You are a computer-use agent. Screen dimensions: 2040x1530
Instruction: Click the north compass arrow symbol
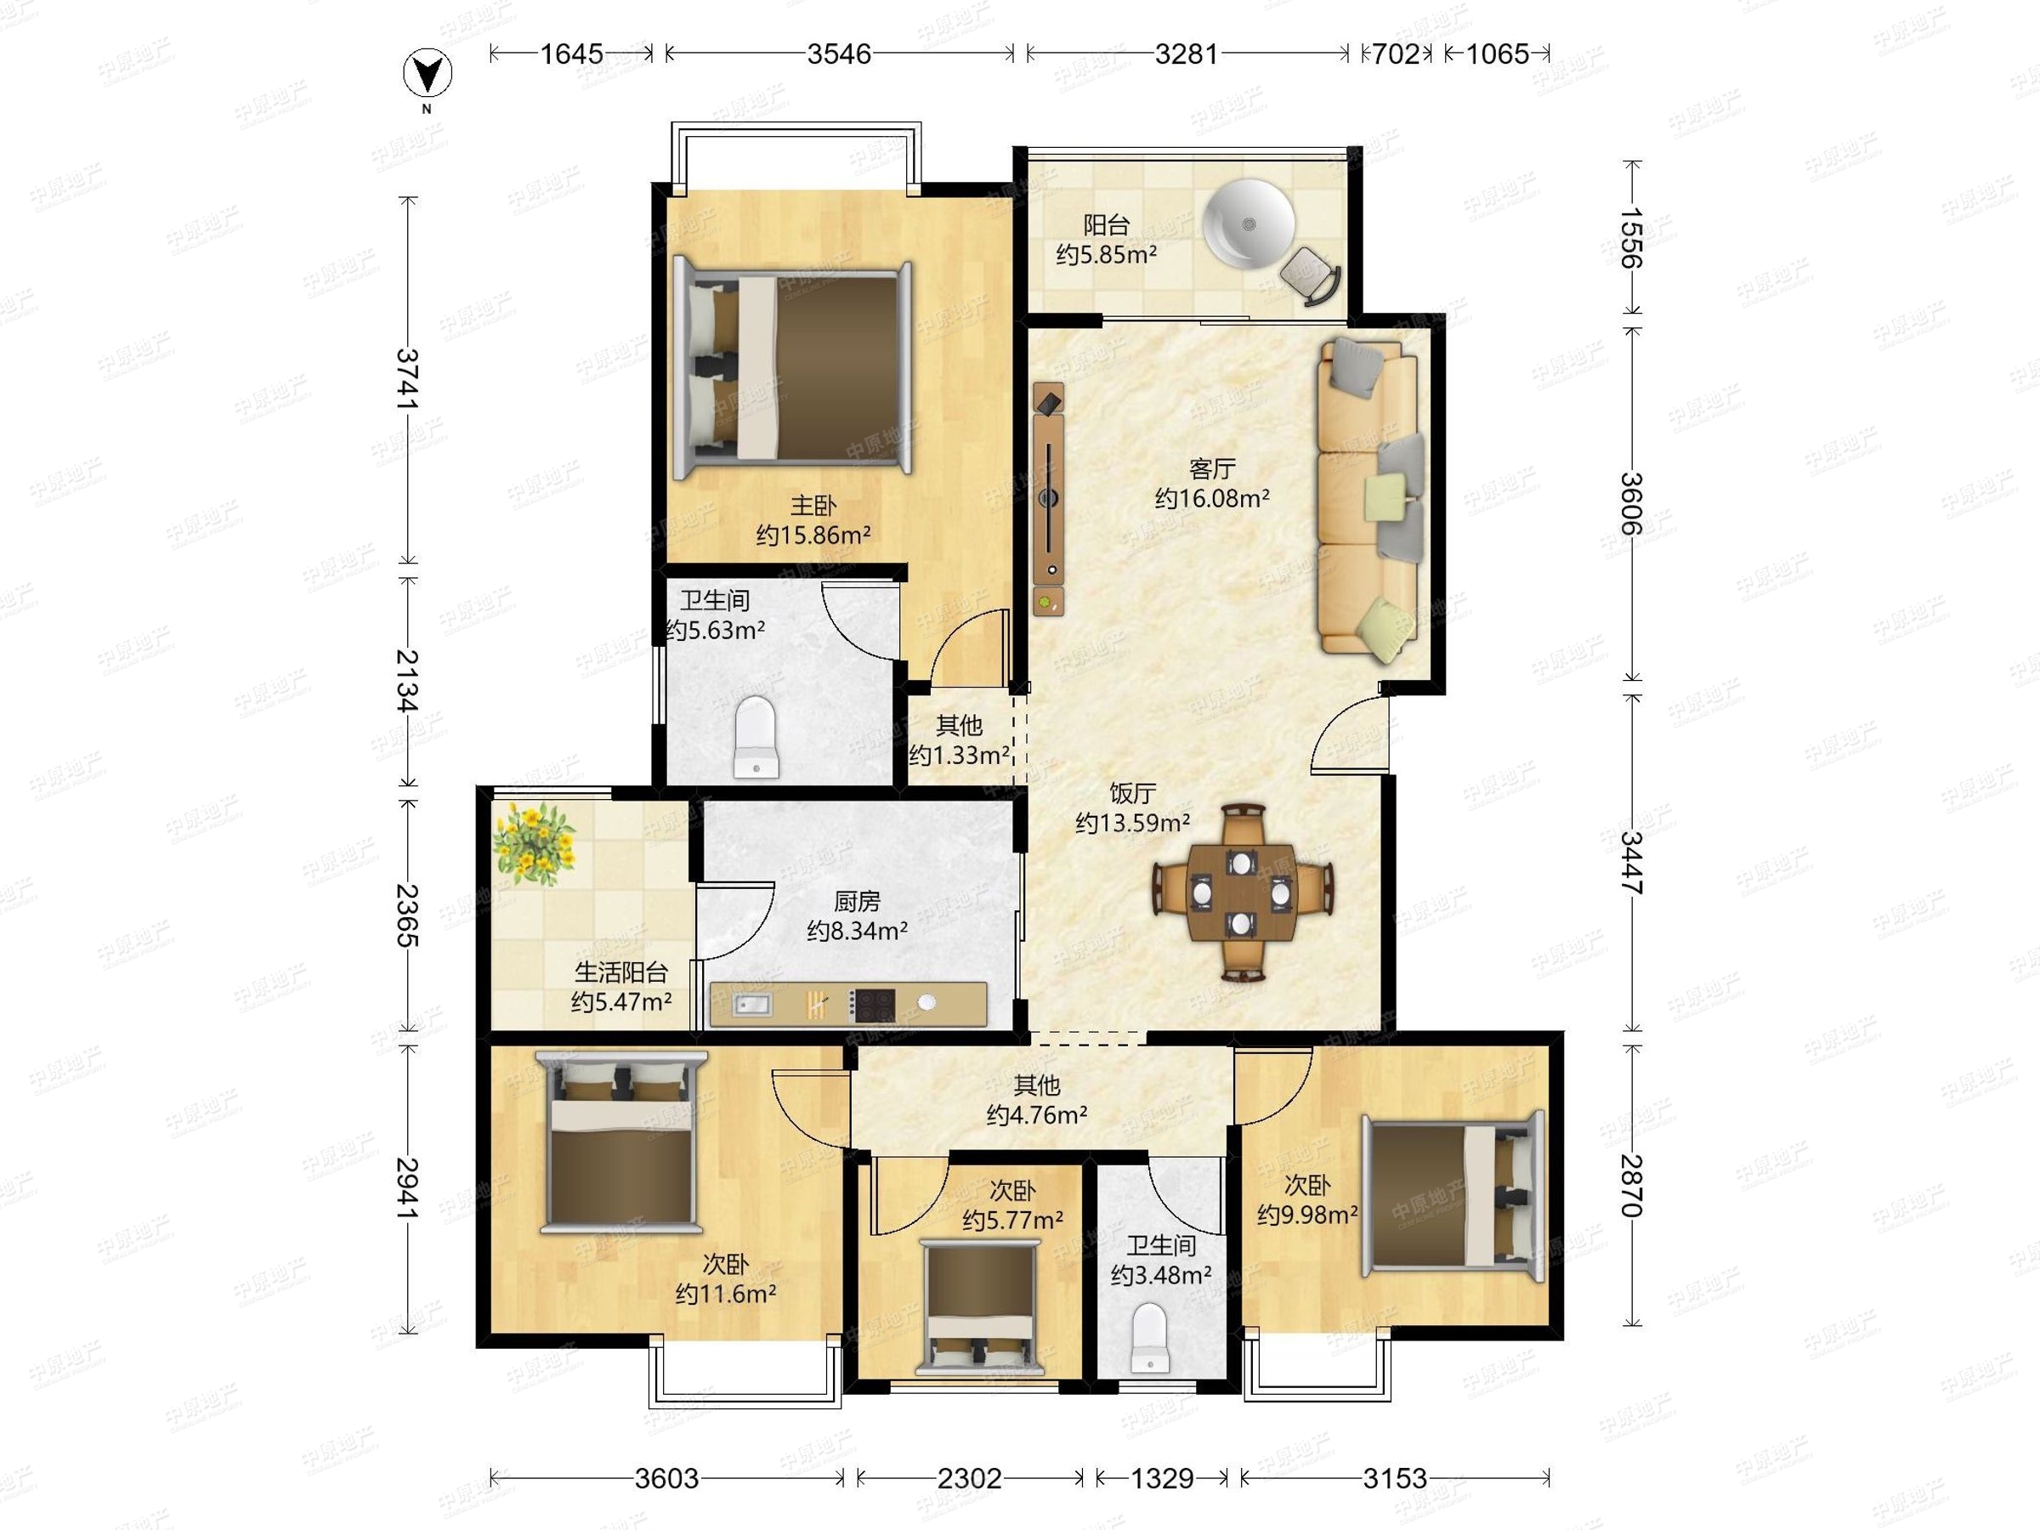point(428,74)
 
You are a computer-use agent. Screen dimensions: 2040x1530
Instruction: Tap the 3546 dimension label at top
point(838,54)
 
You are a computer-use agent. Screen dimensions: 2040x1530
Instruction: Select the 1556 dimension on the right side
point(1631,238)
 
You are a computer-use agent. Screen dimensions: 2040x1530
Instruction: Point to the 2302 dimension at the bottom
point(969,1478)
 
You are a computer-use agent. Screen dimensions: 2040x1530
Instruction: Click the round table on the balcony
point(1249,224)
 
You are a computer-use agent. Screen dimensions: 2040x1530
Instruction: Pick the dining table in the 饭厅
point(1244,892)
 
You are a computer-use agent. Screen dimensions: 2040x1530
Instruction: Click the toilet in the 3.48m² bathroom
point(1148,1336)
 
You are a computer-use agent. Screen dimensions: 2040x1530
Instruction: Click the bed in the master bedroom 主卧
point(793,369)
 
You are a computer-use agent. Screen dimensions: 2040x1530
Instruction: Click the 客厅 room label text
point(1212,468)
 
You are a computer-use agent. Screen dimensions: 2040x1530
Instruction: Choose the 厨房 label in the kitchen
point(857,901)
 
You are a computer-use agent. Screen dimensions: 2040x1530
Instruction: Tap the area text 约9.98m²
point(1306,1215)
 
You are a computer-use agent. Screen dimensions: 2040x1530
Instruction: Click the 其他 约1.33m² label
point(959,740)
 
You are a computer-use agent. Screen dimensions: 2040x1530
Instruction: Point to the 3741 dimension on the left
point(406,379)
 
